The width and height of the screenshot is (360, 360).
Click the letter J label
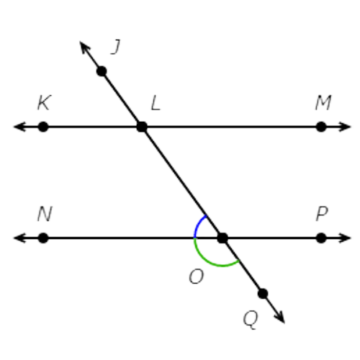click(115, 47)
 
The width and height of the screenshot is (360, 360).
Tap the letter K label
click(45, 103)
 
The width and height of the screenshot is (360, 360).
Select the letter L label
click(156, 103)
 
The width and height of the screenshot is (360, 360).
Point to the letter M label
click(323, 103)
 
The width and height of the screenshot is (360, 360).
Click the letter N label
click(45, 214)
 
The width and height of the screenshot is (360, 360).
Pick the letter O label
click(197, 276)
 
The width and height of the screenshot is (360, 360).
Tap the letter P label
click(322, 214)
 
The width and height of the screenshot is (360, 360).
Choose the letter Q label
click(251, 320)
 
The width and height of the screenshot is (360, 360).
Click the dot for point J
click(102, 71)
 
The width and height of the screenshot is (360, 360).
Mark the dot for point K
click(43, 127)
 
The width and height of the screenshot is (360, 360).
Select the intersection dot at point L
click(142, 127)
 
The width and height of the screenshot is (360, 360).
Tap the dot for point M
click(321, 127)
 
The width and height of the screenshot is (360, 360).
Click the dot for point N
click(43, 238)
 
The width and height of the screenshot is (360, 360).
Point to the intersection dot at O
click(222, 238)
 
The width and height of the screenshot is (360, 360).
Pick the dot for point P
click(321, 238)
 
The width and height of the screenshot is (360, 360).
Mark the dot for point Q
click(263, 294)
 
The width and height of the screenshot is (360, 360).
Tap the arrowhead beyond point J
click(84, 48)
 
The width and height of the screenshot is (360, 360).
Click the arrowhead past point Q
click(280, 317)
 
